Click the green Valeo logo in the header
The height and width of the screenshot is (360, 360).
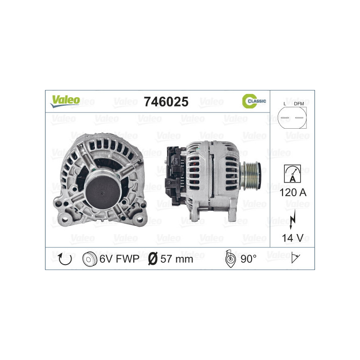tap(65, 101)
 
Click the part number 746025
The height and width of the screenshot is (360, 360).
tap(165, 102)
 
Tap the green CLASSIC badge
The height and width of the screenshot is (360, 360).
tap(254, 101)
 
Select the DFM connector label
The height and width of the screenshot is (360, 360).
tap(298, 104)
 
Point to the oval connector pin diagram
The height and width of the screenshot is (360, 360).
tap(292, 118)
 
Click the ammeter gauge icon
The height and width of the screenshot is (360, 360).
tap(292, 173)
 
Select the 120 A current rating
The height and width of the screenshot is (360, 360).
tap(292, 193)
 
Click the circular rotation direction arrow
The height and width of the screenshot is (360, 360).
tap(65, 258)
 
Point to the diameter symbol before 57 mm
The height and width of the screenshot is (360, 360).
tap(153, 259)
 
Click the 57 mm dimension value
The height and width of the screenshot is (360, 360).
tap(177, 259)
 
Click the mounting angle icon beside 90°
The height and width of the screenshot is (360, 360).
tap(229, 259)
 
